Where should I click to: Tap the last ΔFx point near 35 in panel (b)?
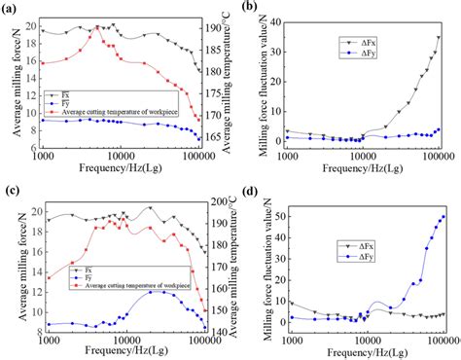[439, 37]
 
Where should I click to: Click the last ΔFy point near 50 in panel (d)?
[443, 216]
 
